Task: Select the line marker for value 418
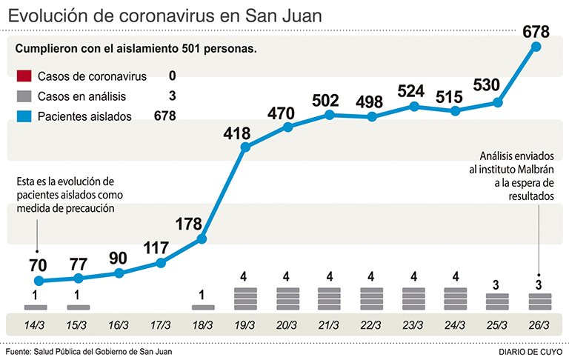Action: tap(246, 147)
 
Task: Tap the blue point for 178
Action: tap(204, 239)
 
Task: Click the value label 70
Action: tap(39, 264)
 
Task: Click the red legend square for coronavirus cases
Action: tap(24, 76)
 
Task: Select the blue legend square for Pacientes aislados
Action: tap(24, 116)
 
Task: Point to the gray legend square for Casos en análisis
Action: tap(24, 96)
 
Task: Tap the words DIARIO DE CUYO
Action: tap(529, 351)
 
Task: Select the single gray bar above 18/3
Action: tap(203, 307)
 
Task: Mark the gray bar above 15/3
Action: tap(78, 307)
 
